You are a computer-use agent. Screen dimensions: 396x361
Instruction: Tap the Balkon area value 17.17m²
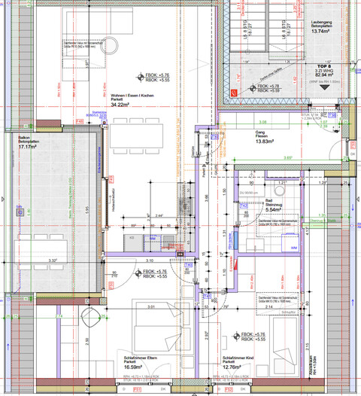pyautogui.click(x=29, y=147)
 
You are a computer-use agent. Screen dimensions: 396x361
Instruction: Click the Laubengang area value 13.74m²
pyautogui.click(x=323, y=32)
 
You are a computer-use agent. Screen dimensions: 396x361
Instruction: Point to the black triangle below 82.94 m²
pyautogui.click(x=325, y=87)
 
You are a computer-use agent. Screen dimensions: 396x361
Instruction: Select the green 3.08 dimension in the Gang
pyautogui.click(x=262, y=121)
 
